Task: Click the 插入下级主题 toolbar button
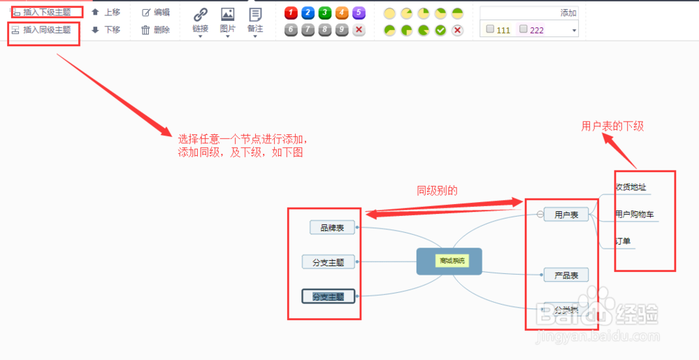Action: (42, 12)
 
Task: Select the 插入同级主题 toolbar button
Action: (42, 30)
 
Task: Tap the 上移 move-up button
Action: (106, 12)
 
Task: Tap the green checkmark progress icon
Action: (440, 30)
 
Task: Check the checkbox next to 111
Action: (490, 29)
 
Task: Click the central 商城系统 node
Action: (449, 261)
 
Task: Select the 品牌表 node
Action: (332, 227)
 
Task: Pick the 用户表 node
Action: (566, 215)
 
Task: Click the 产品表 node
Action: (566, 275)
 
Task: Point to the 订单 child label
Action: (623, 242)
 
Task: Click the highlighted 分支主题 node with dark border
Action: (329, 296)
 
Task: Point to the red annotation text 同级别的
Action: (437, 190)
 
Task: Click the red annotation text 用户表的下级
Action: (612, 127)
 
